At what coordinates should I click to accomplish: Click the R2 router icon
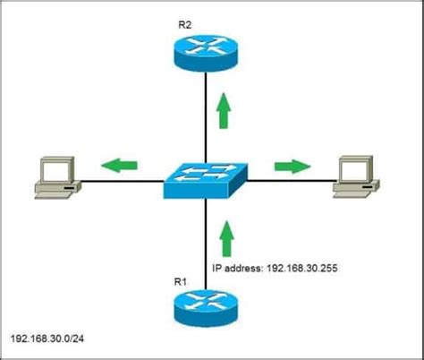coord(206,53)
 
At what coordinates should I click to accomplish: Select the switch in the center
coord(206,181)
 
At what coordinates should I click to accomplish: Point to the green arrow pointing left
coord(119,165)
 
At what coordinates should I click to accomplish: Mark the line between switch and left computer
coord(121,183)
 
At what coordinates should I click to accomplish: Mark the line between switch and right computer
coord(291,183)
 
